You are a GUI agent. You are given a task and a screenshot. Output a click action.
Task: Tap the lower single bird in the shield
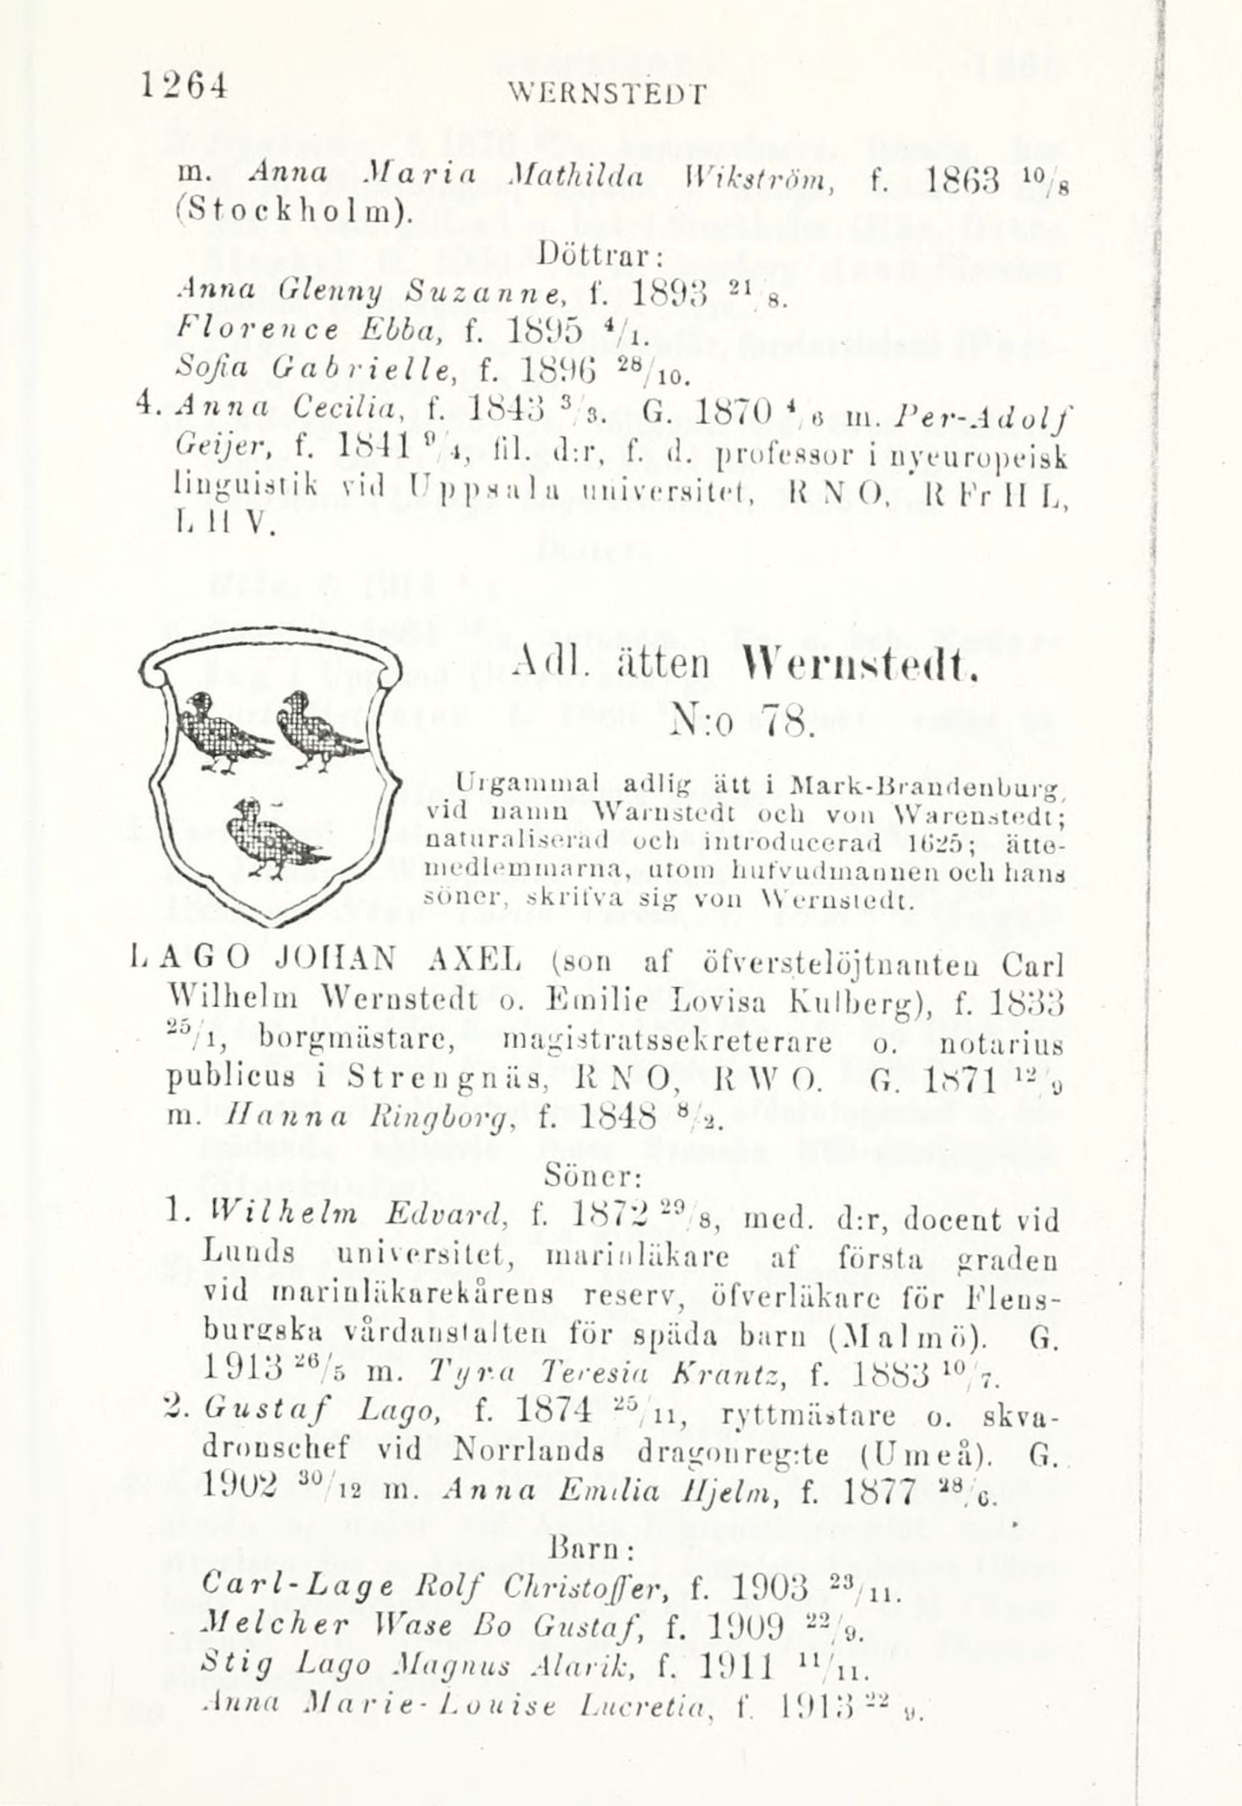coord(274,837)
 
